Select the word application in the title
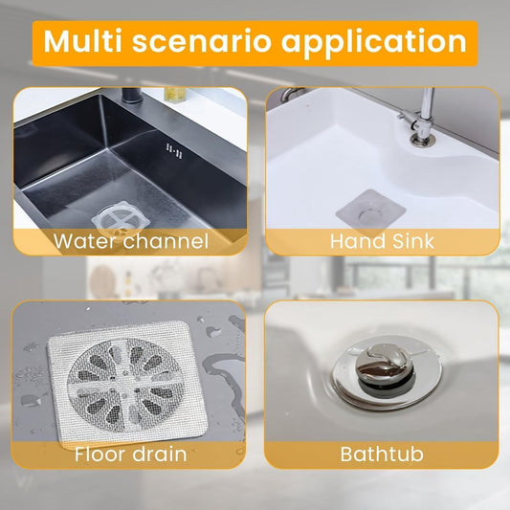383,42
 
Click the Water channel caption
131,240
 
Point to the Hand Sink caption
382,240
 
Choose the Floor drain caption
131,453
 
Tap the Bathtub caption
382,453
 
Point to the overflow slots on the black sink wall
173,150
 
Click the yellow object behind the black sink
175,93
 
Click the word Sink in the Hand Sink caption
410,240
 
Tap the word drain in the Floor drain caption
159,453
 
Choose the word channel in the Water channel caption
160,240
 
